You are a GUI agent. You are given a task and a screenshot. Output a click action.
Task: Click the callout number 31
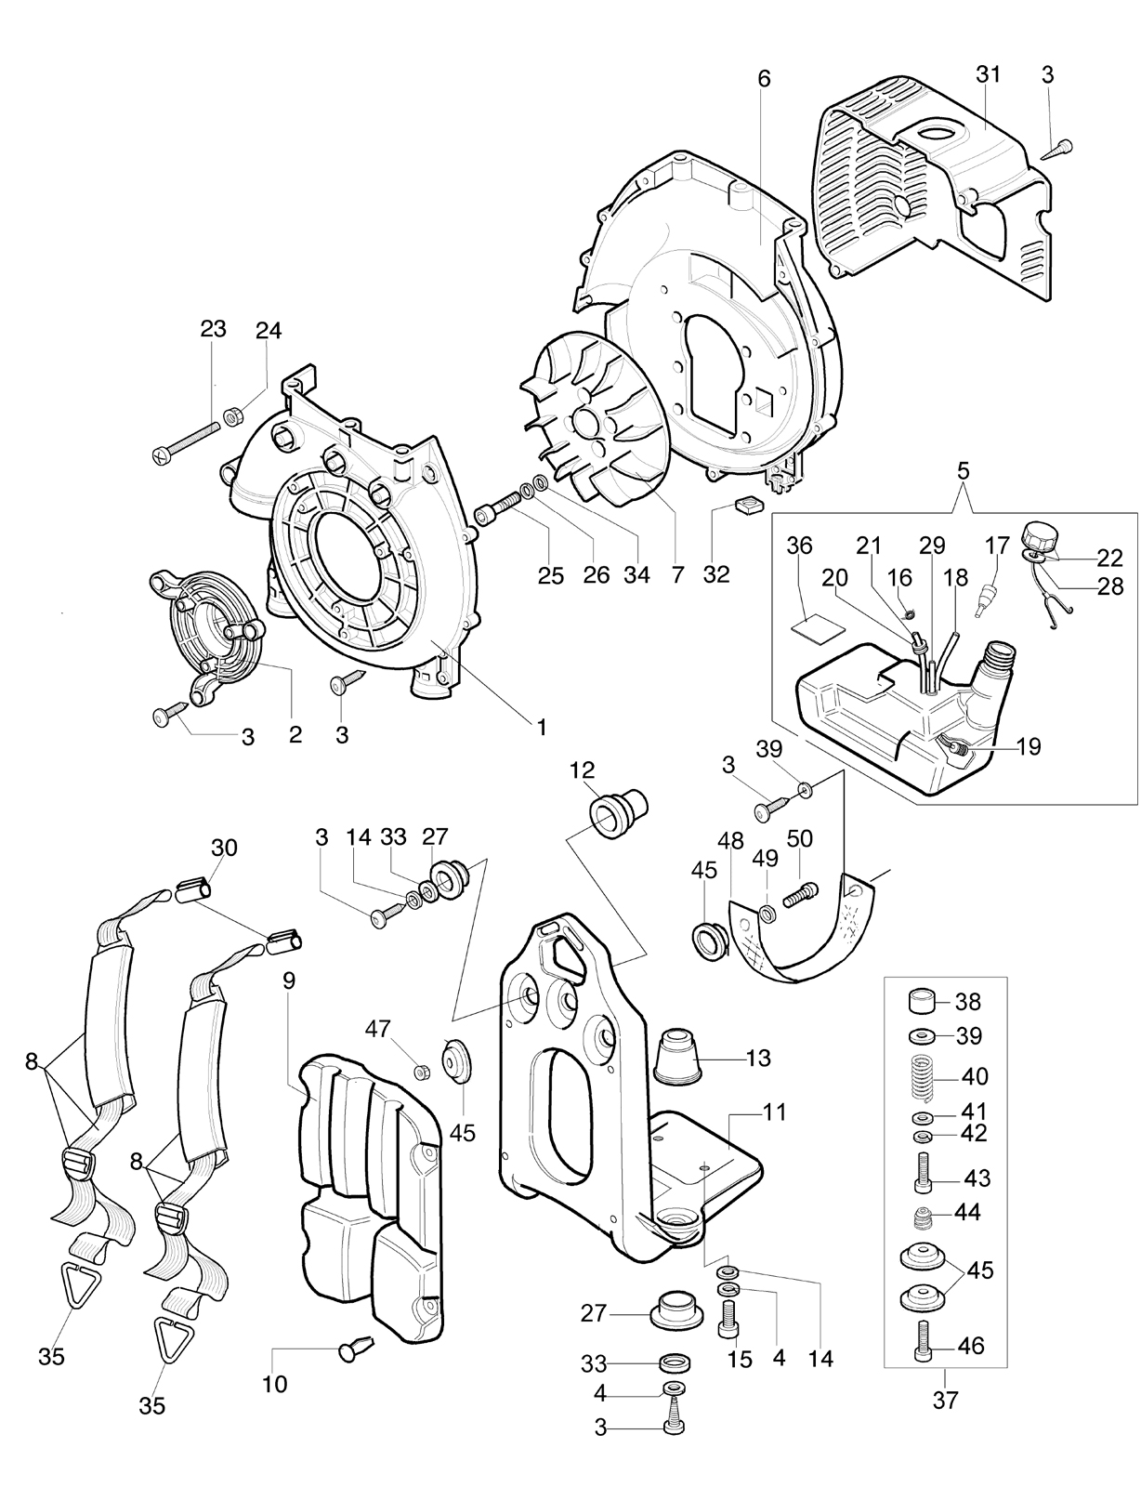[x=988, y=74]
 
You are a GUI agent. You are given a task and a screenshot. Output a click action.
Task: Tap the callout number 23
[x=213, y=329]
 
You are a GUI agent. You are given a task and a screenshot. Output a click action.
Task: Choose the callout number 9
[x=289, y=980]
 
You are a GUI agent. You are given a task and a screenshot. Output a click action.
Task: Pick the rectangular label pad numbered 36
[x=810, y=625]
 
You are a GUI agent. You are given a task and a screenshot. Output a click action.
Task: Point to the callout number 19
[x=1029, y=746]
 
